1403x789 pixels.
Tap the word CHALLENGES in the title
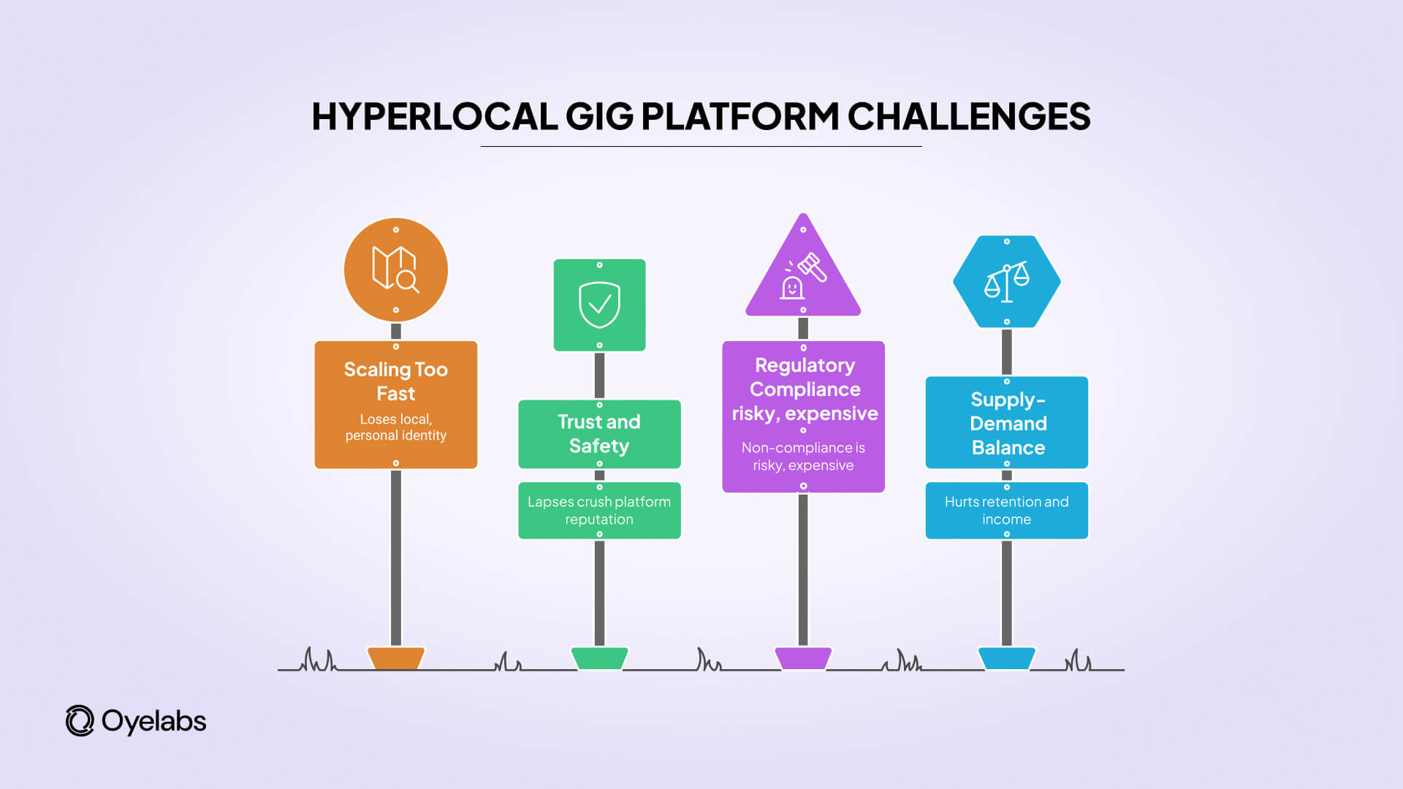point(968,117)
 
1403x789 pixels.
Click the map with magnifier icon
point(395,270)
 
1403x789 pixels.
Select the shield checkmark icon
point(599,305)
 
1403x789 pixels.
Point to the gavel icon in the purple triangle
point(812,267)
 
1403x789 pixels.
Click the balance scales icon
point(1006,282)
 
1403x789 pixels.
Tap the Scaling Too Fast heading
point(395,381)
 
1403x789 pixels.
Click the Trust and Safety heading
point(599,434)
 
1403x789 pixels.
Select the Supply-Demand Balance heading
point(1007,424)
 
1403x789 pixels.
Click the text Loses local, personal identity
point(395,427)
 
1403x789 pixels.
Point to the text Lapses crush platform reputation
point(599,511)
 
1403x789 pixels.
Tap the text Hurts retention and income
point(1006,511)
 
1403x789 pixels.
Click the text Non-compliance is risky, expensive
point(803,457)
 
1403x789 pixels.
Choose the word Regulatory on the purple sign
point(805,365)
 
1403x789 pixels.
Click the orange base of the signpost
point(395,658)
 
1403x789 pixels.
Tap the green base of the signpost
point(599,658)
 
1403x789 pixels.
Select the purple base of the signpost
point(803,658)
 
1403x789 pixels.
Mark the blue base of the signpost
point(1006,658)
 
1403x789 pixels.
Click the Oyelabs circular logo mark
point(80,721)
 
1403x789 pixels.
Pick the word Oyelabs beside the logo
point(153,722)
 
